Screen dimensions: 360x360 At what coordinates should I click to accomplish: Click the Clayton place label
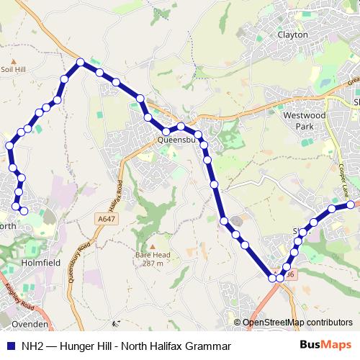click(x=292, y=35)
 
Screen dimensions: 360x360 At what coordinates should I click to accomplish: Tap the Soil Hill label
click(x=14, y=70)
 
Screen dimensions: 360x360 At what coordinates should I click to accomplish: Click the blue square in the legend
click(x=9, y=346)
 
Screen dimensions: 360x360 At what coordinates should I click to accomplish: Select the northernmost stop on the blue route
click(x=81, y=62)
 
